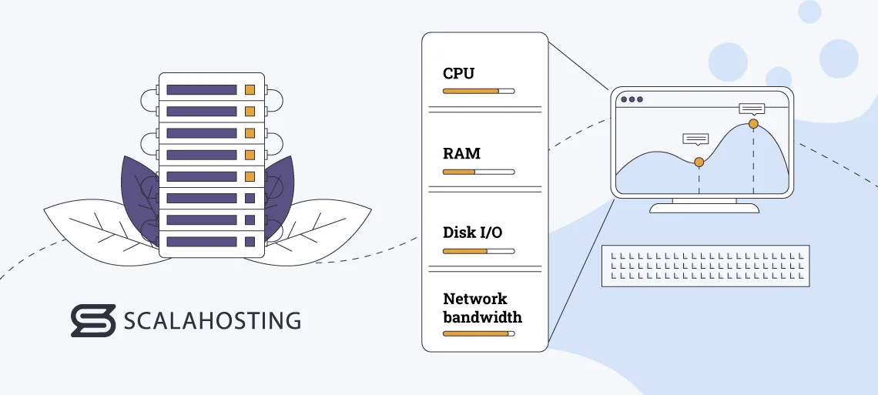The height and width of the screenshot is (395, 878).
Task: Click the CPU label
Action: tap(458, 74)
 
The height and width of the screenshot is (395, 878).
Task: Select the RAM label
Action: tap(461, 153)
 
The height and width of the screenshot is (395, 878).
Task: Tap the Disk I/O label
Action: tap(472, 232)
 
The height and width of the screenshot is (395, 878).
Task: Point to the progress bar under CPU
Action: tap(478, 91)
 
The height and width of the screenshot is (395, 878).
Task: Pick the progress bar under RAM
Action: tap(478, 171)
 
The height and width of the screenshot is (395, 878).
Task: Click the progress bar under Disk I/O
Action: tap(478, 251)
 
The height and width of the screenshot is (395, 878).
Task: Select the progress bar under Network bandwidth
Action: tap(478, 333)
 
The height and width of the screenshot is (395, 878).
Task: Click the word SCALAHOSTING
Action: tap(212, 320)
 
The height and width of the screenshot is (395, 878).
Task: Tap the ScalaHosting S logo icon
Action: tap(92, 320)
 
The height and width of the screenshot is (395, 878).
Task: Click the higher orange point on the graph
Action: tap(753, 124)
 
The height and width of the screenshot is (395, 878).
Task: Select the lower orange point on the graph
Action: tap(699, 162)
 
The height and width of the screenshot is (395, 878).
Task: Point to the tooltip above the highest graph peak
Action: tap(752, 109)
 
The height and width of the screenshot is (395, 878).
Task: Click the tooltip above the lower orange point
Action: tap(695, 139)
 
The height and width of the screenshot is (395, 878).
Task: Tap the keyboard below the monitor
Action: tap(705, 266)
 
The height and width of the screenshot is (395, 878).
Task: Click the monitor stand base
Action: tap(704, 208)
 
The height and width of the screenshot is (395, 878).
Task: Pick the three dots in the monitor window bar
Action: tap(631, 99)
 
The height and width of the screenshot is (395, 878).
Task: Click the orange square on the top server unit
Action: tap(250, 90)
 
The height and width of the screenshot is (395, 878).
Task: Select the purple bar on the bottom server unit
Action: tap(201, 242)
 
